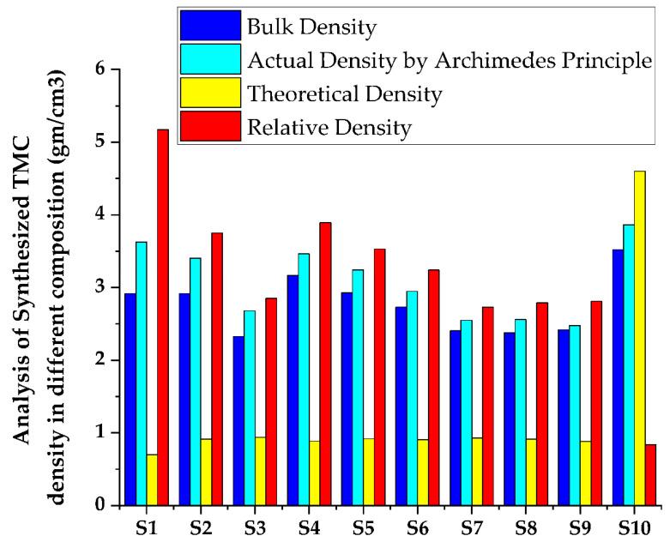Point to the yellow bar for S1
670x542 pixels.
click(x=152, y=479)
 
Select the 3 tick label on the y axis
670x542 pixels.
click(x=106, y=287)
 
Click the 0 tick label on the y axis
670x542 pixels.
click(x=106, y=505)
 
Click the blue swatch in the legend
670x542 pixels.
click(x=210, y=27)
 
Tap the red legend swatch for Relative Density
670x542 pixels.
click(x=210, y=128)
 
